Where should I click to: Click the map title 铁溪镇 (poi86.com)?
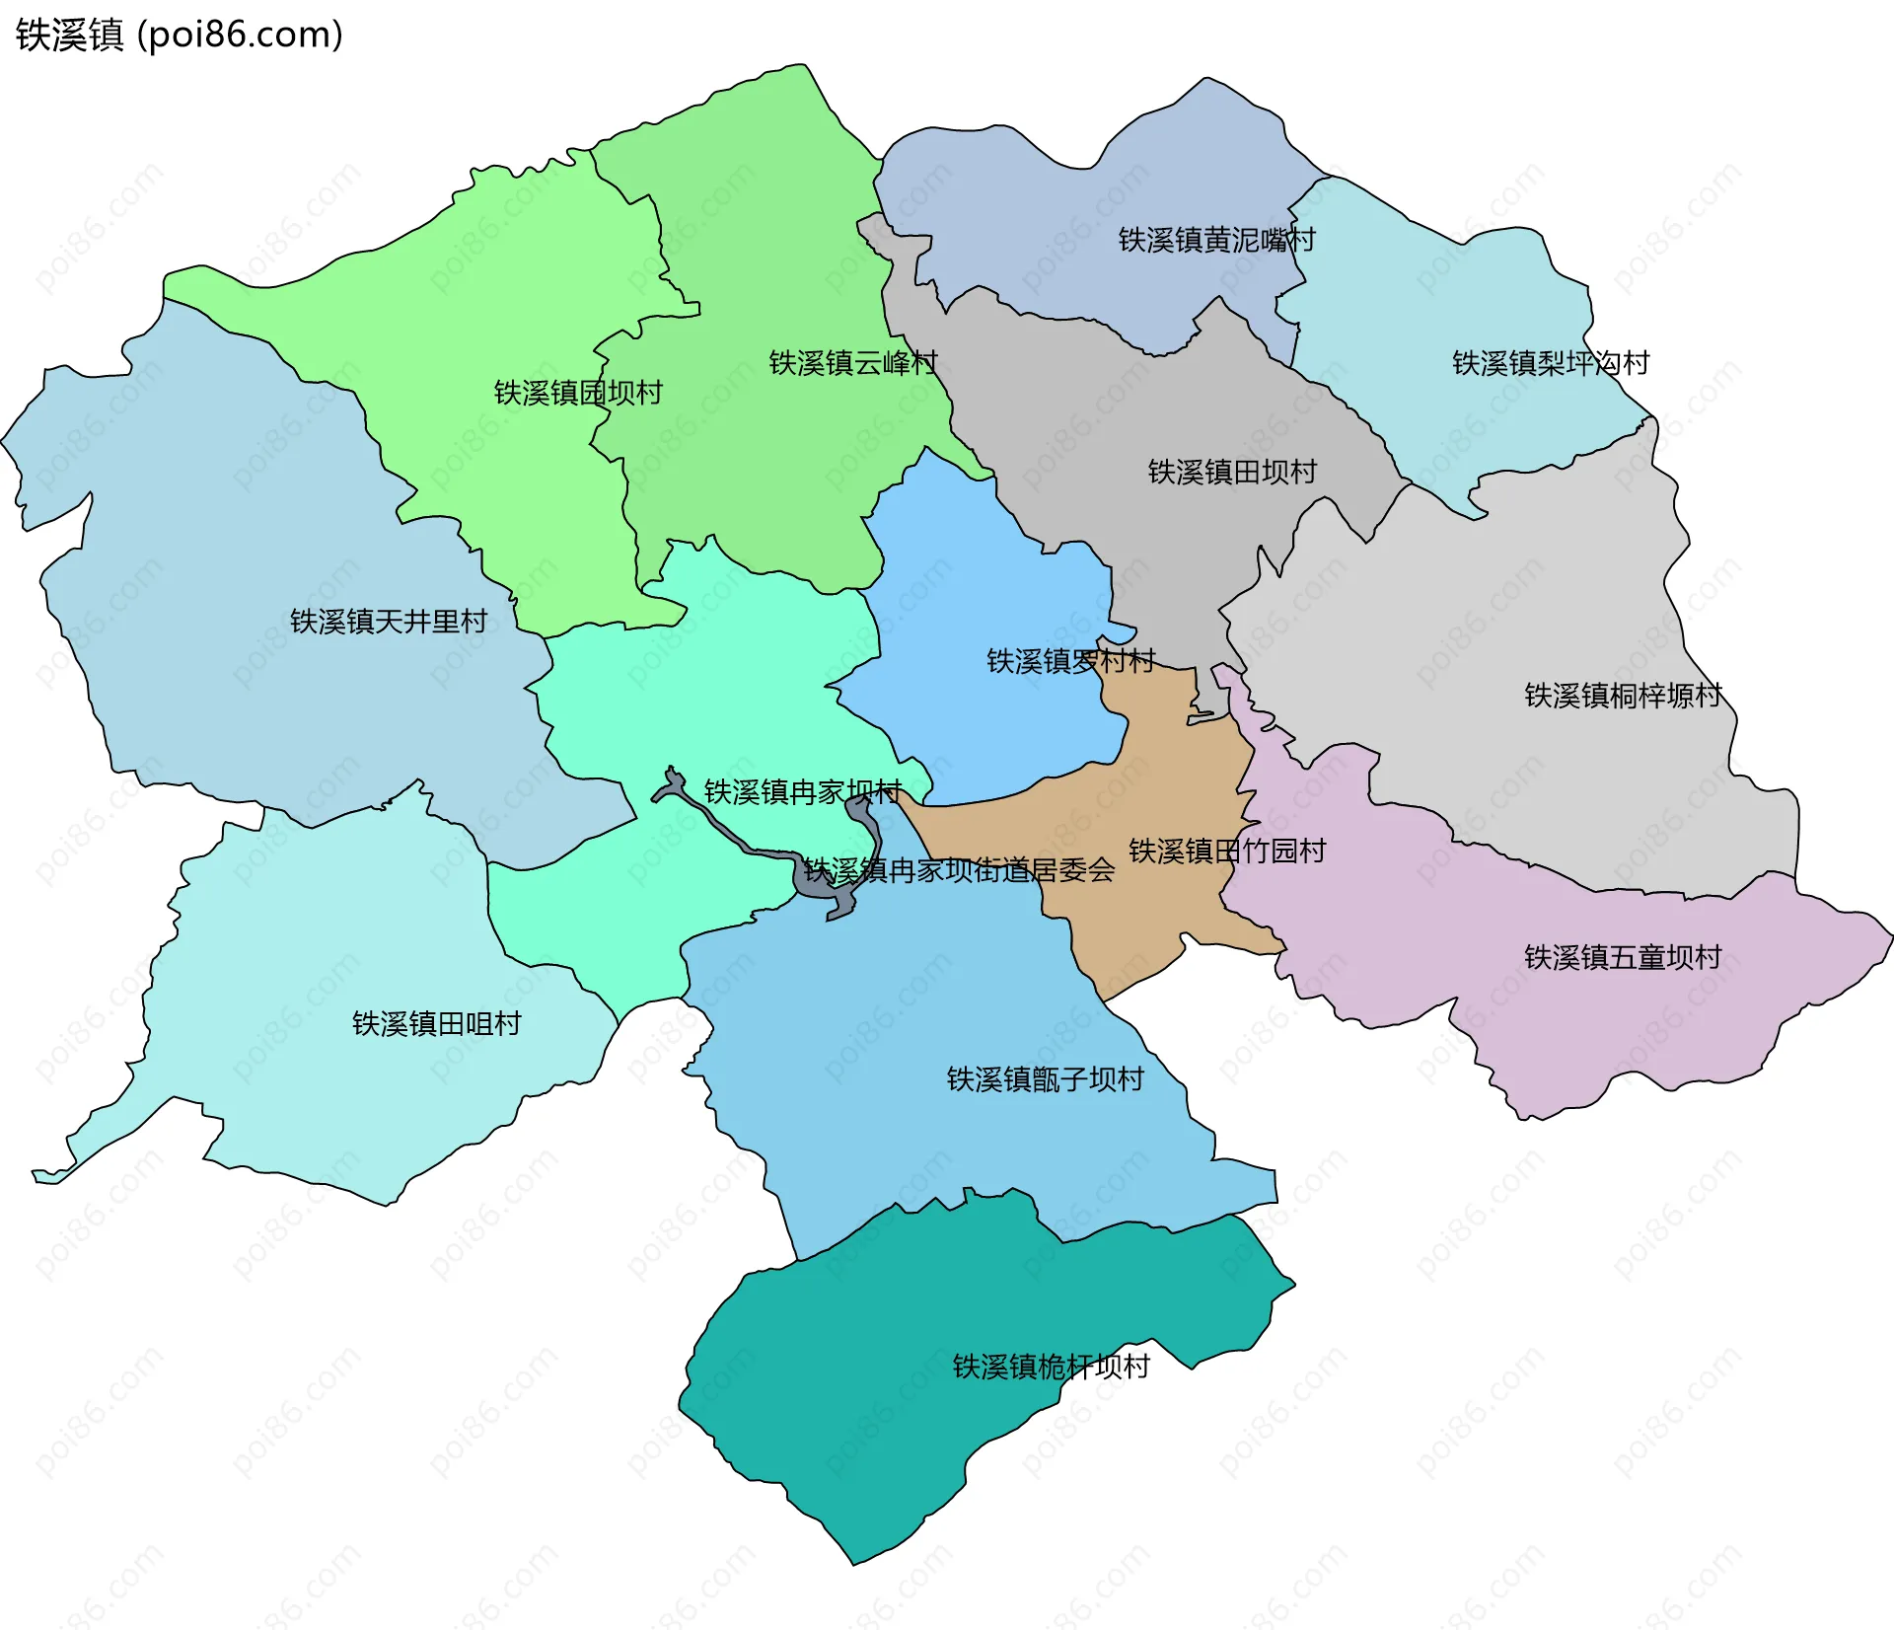coord(179,36)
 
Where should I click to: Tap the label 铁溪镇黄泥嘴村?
coord(1215,240)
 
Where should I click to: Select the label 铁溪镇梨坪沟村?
coord(1550,363)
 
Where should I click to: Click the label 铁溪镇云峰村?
coord(852,363)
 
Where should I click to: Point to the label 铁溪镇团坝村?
coord(578,393)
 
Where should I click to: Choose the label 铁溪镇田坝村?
coord(1232,472)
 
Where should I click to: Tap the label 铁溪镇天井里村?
coord(389,622)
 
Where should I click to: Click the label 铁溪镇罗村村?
coord(1071,661)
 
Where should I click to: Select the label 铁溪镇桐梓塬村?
coord(1623,696)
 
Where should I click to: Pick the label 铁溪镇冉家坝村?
coord(802,791)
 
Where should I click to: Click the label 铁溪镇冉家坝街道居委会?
coord(958,870)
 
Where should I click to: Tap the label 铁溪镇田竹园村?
coord(1226,851)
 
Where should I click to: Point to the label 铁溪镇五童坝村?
coord(1623,957)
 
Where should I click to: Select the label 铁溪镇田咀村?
coord(436,1023)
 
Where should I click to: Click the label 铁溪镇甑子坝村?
coord(1045,1079)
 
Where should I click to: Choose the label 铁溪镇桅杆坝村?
coord(1051,1367)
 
